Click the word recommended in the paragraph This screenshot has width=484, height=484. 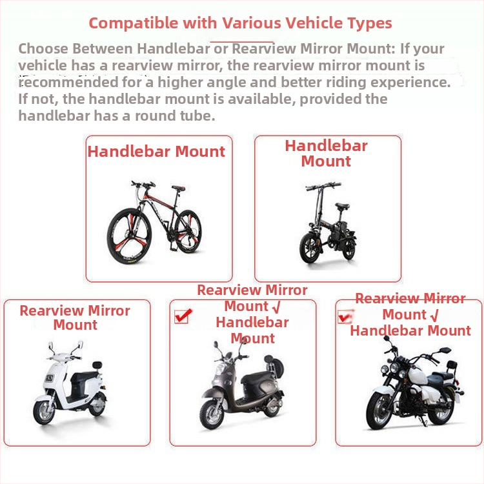pos(68,82)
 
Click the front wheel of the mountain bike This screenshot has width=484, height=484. pos(129,236)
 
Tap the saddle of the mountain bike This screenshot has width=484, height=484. pos(178,188)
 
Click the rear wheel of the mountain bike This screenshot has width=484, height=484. pos(188,232)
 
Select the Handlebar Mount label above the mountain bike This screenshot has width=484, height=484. pos(156,152)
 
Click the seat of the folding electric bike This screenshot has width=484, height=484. pos(342,207)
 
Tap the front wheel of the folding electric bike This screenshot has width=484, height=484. pos(310,248)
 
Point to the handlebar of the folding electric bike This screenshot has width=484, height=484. pos(323,186)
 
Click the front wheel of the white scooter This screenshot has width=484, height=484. pos(44,412)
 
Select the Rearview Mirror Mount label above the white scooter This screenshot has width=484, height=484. pos(75,318)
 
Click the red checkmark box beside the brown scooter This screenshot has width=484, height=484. pos(182,316)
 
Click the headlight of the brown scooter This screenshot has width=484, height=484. pos(221,369)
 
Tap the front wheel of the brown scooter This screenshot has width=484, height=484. pos(212,414)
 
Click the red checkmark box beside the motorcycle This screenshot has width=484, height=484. pos(345,316)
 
